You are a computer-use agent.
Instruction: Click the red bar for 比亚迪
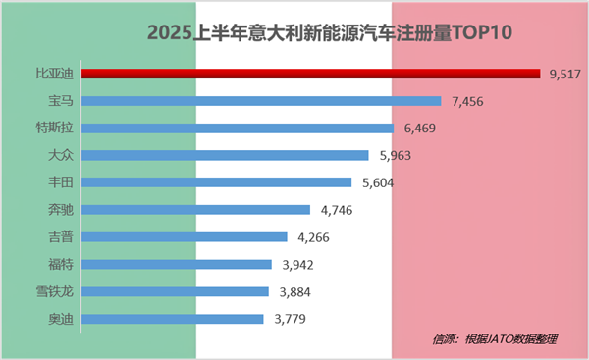coord(310,73)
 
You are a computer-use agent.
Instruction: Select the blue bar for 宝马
coord(261,100)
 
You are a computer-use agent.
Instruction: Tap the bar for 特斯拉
coord(237,128)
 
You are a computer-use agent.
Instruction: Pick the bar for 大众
coord(225,155)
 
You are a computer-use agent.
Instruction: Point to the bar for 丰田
coord(216,181)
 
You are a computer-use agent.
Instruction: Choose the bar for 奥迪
coord(173,319)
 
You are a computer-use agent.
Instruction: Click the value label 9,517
coord(567,73)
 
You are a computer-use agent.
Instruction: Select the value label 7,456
coord(467,100)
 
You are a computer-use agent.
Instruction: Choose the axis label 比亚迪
coord(53,73)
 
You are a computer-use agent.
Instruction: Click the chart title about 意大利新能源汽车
coord(331,33)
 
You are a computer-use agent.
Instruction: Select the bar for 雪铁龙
coord(175,291)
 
